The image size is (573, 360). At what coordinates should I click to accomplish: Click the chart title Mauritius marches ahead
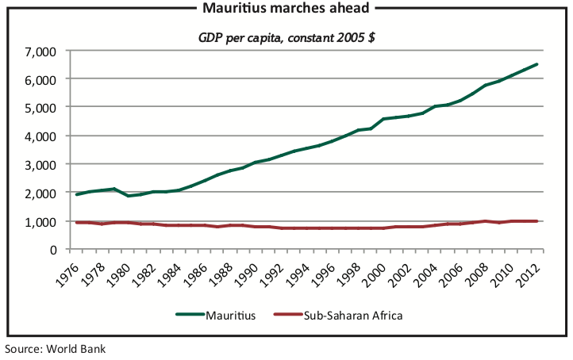(287, 9)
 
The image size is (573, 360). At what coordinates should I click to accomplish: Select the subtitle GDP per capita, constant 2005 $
(286, 37)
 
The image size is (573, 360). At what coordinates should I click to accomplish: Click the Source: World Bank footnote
(56, 348)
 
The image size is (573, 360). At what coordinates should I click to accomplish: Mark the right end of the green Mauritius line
(537, 64)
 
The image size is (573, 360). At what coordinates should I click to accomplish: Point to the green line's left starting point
(77, 194)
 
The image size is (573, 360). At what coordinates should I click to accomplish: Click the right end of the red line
(537, 221)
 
